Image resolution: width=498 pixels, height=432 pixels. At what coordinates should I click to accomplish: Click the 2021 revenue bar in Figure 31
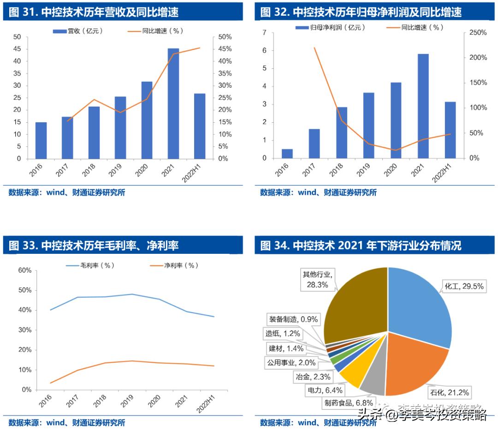(x=173, y=103)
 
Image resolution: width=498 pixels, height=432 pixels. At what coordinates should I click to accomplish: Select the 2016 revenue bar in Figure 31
(x=41, y=140)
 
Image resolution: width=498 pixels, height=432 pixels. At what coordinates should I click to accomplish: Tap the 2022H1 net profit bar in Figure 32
(x=450, y=130)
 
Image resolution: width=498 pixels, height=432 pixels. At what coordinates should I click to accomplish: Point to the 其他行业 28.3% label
(x=316, y=280)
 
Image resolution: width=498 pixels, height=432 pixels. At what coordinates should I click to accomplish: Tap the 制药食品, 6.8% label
(x=348, y=402)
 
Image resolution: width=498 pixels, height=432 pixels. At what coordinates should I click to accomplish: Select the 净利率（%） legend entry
(x=175, y=265)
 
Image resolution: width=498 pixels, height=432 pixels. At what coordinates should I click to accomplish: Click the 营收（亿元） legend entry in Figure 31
(x=78, y=31)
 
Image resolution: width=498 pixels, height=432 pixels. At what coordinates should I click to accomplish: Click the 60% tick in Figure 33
(x=24, y=270)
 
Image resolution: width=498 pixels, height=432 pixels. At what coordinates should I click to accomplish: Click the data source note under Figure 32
(x=318, y=192)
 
